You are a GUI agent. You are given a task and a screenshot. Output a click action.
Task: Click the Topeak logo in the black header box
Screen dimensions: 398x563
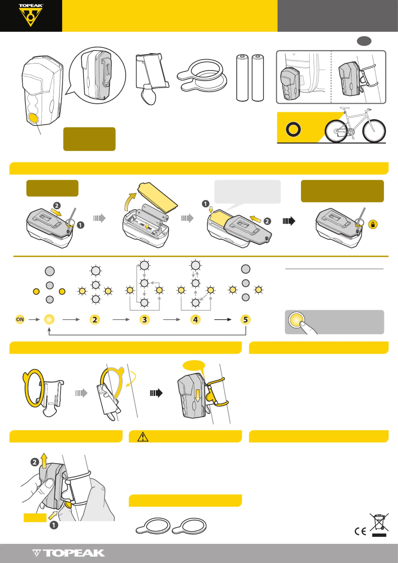pyautogui.click(x=31, y=15)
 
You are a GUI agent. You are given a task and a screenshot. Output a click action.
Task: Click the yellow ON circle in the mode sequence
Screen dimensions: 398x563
pyautogui.click(x=20, y=320)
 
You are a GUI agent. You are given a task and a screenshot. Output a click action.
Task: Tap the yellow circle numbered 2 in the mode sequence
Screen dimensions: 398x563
pyautogui.click(x=95, y=320)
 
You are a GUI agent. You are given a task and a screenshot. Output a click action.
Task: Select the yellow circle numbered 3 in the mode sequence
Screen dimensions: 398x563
pyautogui.click(x=145, y=320)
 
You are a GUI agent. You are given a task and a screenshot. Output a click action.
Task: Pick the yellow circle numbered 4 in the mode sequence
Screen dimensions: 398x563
pyautogui.click(x=195, y=320)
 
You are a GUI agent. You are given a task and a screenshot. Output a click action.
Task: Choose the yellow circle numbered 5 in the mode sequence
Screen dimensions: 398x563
pyautogui.click(x=246, y=320)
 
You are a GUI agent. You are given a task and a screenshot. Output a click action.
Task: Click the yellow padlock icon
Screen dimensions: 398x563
pyautogui.click(x=373, y=224)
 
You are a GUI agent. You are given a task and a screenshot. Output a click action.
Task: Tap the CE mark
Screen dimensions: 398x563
pyautogui.click(x=360, y=531)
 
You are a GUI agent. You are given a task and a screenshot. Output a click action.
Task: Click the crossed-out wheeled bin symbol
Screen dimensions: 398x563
pyautogui.click(x=379, y=525)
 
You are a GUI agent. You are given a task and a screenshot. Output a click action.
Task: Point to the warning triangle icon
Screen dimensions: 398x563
pyautogui.click(x=143, y=437)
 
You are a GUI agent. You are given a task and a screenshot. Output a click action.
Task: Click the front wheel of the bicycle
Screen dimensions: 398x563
pyautogui.click(x=374, y=131)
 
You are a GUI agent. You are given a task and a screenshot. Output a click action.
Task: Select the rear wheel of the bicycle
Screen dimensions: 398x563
pyautogui.click(x=337, y=131)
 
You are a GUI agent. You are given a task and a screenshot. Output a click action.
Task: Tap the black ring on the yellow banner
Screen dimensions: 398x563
pyautogui.click(x=293, y=130)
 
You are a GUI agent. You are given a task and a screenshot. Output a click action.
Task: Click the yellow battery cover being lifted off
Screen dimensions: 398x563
pyautogui.click(x=158, y=197)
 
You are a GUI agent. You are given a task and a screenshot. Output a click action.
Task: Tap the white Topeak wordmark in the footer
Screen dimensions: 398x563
pyautogui.click(x=68, y=553)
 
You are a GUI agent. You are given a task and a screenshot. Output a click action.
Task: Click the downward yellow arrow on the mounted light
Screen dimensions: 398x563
pyautogui.click(x=198, y=395)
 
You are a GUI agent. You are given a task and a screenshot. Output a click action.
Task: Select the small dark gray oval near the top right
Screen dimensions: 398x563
pyautogui.click(x=364, y=41)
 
